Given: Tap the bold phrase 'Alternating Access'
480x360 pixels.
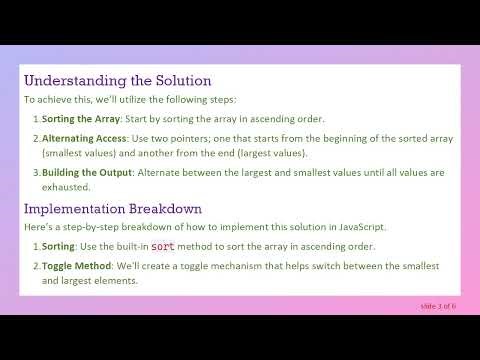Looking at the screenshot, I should point(84,137).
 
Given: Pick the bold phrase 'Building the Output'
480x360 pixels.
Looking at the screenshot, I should point(86,172).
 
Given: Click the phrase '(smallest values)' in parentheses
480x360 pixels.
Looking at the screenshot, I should point(83,154).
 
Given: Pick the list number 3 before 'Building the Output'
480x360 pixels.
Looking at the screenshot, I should point(36,172).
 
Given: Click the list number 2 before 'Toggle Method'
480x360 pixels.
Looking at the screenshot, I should point(36,265).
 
